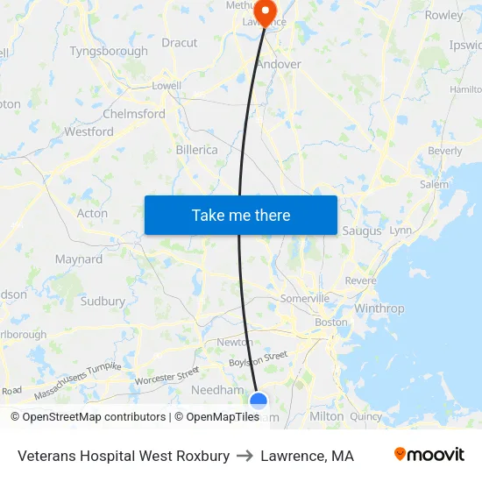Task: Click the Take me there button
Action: tap(241, 215)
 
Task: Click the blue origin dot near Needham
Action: tap(259, 401)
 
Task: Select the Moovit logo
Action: tap(429, 455)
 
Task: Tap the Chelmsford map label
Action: tap(134, 114)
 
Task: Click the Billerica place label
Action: tap(196, 150)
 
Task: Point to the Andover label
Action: tap(280, 64)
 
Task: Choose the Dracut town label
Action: tap(180, 42)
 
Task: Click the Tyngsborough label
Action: tap(109, 51)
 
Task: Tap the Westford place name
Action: tap(89, 131)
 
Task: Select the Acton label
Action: tap(93, 213)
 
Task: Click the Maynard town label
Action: tap(79, 259)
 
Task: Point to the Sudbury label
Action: tap(103, 301)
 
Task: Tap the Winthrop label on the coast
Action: tap(379, 308)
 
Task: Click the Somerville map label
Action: tap(304, 298)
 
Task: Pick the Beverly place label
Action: tap(445, 151)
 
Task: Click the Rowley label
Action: tap(443, 15)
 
